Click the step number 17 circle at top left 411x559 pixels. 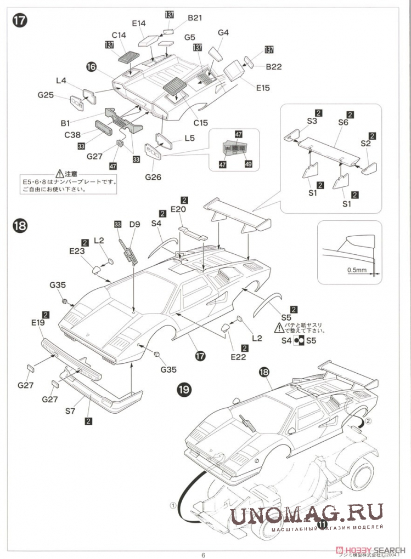click(x=19, y=21)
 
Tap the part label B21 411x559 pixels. click(x=195, y=18)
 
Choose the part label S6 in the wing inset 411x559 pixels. click(x=343, y=123)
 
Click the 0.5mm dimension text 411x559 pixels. click(x=357, y=270)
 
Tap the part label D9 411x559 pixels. click(x=134, y=224)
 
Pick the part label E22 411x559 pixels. click(x=239, y=357)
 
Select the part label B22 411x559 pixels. click(x=274, y=67)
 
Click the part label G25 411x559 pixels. click(x=46, y=95)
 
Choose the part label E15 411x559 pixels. click(x=262, y=87)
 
